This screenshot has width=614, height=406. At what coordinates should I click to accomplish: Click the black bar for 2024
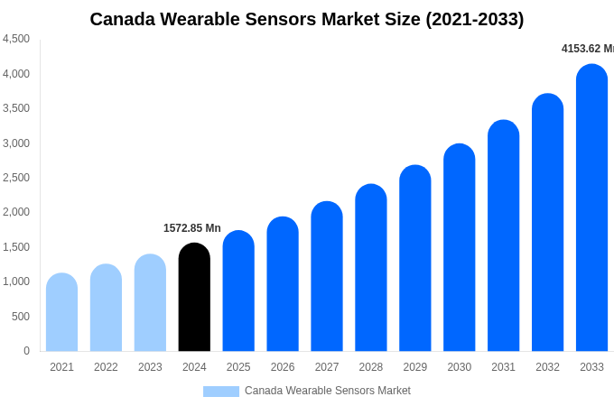click(194, 298)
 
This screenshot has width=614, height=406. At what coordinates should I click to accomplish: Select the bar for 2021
click(61, 312)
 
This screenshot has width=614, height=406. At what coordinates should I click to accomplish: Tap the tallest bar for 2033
click(591, 208)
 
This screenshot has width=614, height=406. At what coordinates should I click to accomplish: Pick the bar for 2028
click(371, 268)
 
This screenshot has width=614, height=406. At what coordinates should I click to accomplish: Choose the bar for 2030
click(459, 247)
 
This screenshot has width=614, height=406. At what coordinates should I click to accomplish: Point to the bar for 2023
click(150, 303)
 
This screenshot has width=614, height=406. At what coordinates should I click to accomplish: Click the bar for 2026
click(283, 284)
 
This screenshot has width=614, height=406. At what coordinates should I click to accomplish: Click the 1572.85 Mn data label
click(191, 228)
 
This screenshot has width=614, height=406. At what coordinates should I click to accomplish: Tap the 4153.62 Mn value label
click(588, 49)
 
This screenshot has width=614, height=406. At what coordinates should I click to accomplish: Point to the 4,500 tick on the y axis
click(16, 39)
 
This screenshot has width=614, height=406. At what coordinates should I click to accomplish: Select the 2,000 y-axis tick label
click(16, 212)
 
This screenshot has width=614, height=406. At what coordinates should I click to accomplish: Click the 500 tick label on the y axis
click(20, 317)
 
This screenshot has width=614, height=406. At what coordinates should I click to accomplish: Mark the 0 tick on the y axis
click(26, 351)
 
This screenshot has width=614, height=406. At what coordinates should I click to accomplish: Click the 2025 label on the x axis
click(238, 367)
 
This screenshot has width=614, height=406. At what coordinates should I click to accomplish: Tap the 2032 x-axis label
click(547, 367)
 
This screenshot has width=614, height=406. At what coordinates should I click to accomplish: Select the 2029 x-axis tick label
click(415, 367)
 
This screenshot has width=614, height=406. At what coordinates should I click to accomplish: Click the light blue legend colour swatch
click(221, 392)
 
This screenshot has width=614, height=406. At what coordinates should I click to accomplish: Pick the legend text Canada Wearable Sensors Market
click(328, 391)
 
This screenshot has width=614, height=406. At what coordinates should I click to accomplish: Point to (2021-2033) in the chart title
click(475, 19)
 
